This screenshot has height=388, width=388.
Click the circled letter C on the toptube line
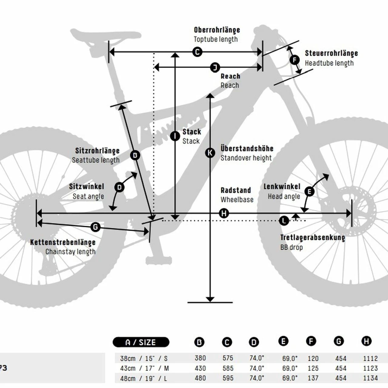(197, 52)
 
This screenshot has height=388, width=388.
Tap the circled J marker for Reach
(215, 67)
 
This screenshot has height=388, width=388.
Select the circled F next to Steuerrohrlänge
(295, 60)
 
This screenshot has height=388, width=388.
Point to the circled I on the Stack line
(175, 136)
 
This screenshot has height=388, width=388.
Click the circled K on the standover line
(210, 152)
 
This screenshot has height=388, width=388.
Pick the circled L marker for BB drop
(284, 221)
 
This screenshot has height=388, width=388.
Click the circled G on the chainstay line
(95, 227)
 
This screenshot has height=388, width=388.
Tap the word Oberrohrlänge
(217, 30)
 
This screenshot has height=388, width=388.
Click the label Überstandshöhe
(247, 149)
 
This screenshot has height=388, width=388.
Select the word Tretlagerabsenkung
(313, 238)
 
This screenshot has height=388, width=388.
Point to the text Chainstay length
(70, 252)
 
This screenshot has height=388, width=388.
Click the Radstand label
(236, 190)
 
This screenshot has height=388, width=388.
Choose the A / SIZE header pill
(141, 342)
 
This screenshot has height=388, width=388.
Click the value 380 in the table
(200, 358)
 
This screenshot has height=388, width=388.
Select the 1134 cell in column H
(370, 378)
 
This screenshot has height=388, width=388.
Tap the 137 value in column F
(313, 378)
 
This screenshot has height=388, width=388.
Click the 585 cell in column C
(228, 368)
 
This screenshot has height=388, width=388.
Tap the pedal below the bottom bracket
(159, 260)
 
